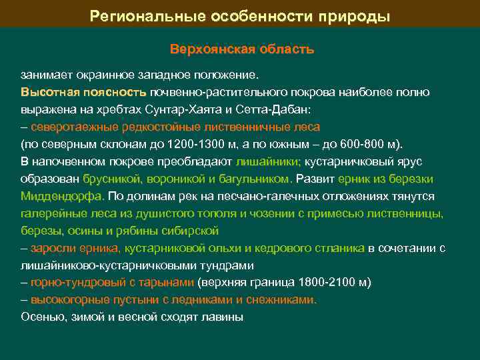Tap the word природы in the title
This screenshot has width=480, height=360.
click(x=357, y=15)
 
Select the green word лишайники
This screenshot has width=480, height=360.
click(x=268, y=161)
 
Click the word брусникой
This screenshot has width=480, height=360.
click(x=110, y=179)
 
